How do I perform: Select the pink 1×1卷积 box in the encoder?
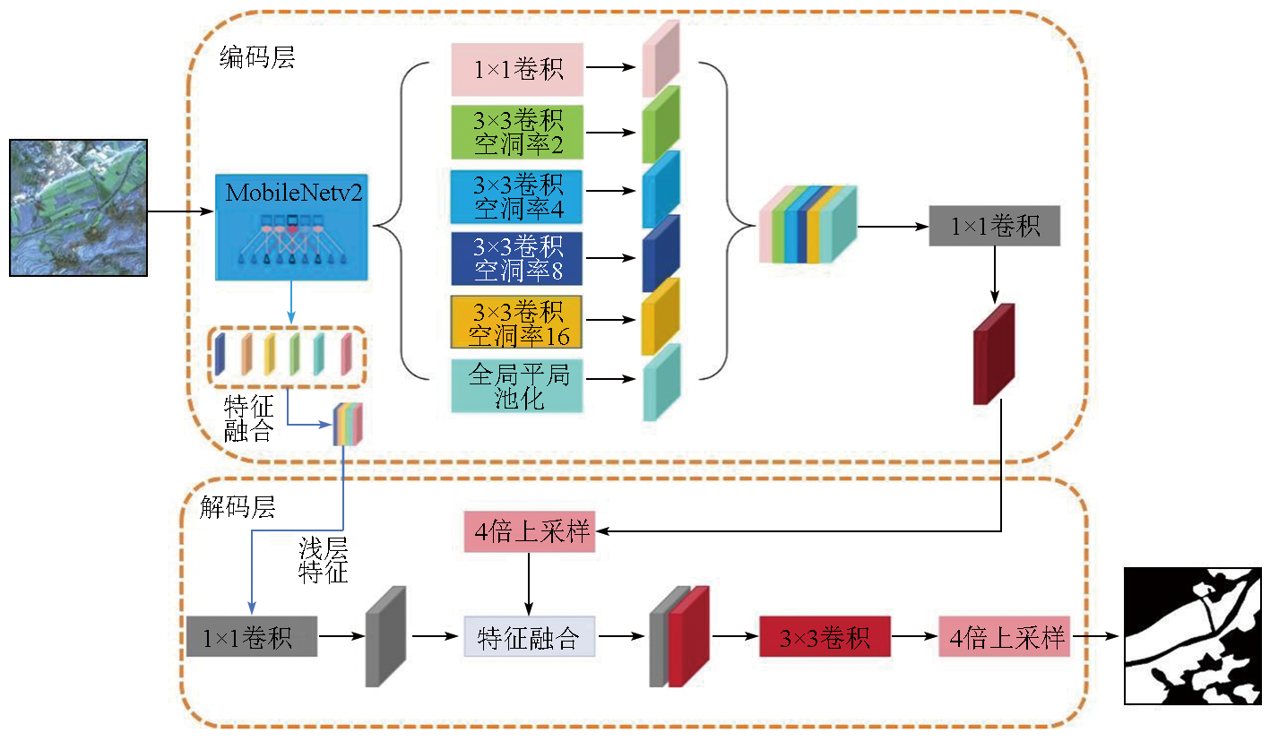[x=517, y=69]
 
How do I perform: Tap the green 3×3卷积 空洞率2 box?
[x=517, y=132]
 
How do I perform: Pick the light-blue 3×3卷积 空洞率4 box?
[x=517, y=196]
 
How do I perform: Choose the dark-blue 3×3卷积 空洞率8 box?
[x=517, y=259]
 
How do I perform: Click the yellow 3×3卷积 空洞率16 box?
[x=516, y=322]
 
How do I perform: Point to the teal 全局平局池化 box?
[x=517, y=386]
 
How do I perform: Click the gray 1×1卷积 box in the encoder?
[x=995, y=226]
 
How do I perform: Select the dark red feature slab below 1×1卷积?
[x=993, y=354]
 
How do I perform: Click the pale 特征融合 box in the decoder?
[x=529, y=637]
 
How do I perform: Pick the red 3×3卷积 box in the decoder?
[x=825, y=638]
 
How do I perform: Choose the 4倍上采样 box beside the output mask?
[x=1004, y=637]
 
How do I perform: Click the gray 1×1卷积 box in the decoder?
[x=252, y=637]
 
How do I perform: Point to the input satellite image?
[x=78, y=207]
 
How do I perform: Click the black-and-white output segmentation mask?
[x=1192, y=637]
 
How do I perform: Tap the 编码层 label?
[x=257, y=59]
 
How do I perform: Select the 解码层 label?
[x=238, y=508]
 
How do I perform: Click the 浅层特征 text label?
[x=324, y=560]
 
